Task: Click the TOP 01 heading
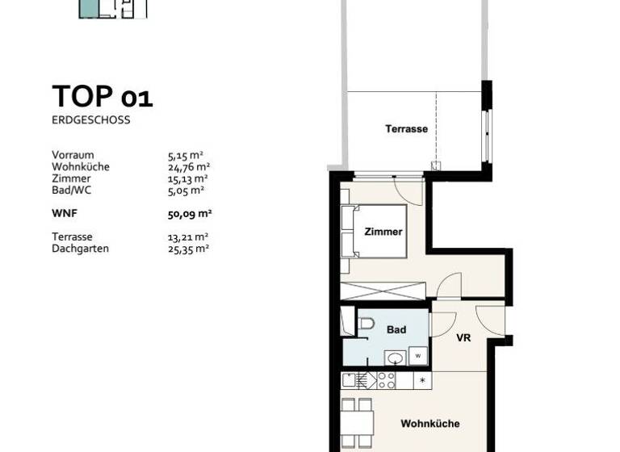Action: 102,96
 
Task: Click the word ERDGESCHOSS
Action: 90,120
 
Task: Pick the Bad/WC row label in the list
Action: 70,190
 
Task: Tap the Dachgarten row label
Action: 80,249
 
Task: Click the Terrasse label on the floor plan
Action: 406,129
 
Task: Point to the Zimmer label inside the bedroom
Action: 383,232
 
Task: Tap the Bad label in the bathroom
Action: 396,329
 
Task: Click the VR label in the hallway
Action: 463,338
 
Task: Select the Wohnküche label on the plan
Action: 430,424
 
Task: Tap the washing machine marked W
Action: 418,354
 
